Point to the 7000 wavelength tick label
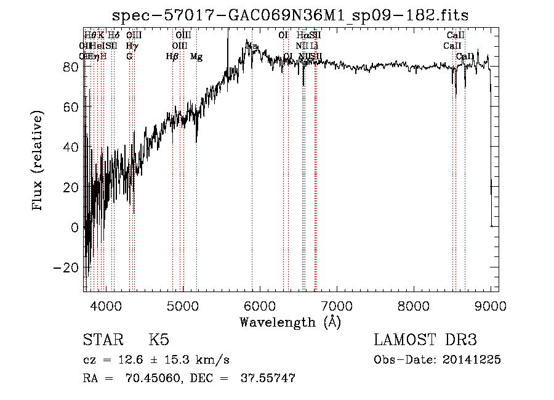coord(336,306)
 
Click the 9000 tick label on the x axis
coord(490,306)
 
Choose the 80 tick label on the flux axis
coord(70,67)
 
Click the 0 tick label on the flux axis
coord(75,227)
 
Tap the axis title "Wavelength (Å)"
coord(290,322)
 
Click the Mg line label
coord(196,57)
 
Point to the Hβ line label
coord(172,57)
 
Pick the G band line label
coord(129,57)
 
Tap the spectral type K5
coord(159,341)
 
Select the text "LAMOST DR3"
coord(425,341)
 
